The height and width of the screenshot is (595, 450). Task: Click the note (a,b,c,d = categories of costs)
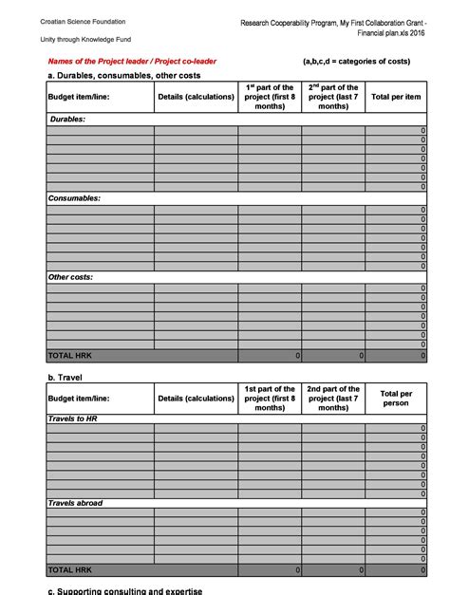coord(356,62)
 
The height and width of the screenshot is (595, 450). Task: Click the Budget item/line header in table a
coord(79,97)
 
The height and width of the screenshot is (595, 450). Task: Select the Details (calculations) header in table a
coord(196,97)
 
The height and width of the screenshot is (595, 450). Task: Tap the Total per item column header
coord(396,97)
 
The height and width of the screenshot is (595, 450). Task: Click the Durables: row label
coord(67,120)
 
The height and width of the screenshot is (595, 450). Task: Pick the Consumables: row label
coord(74,198)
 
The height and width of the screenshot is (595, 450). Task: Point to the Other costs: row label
coord(72,277)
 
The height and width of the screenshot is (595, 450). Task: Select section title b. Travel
coord(65,377)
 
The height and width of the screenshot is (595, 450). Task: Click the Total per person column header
coord(396,398)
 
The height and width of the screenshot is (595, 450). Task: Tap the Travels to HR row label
coord(73,418)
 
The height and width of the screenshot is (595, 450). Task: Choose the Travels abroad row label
coord(75,503)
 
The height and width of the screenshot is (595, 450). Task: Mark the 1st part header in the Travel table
coord(270,398)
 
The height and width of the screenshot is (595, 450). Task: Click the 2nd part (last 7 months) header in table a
coord(333,97)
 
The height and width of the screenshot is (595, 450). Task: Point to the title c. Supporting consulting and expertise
coord(124,590)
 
